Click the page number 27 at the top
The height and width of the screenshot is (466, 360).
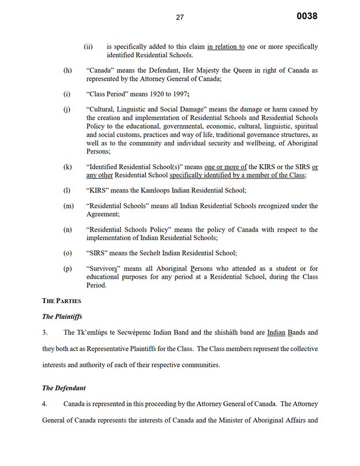pyautogui.click(x=180, y=17)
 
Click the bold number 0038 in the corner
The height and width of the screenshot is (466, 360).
pyautogui.click(x=307, y=16)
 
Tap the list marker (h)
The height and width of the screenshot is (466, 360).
pyautogui.click(x=67, y=70)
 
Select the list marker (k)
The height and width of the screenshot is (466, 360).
pyautogui.click(x=67, y=167)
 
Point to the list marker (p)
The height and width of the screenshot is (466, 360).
pyautogui.click(x=67, y=269)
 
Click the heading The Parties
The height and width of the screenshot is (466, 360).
pyautogui.click(x=61, y=301)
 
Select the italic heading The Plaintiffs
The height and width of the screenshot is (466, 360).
pyautogui.click(x=62, y=316)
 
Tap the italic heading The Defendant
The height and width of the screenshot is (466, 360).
pyautogui.click(x=64, y=388)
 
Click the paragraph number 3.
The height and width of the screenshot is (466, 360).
pyautogui.click(x=44, y=333)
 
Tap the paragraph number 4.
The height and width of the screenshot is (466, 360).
pyautogui.click(x=44, y=404)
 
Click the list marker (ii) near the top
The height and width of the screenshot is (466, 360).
pyautogui.click(x=88, y=47)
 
